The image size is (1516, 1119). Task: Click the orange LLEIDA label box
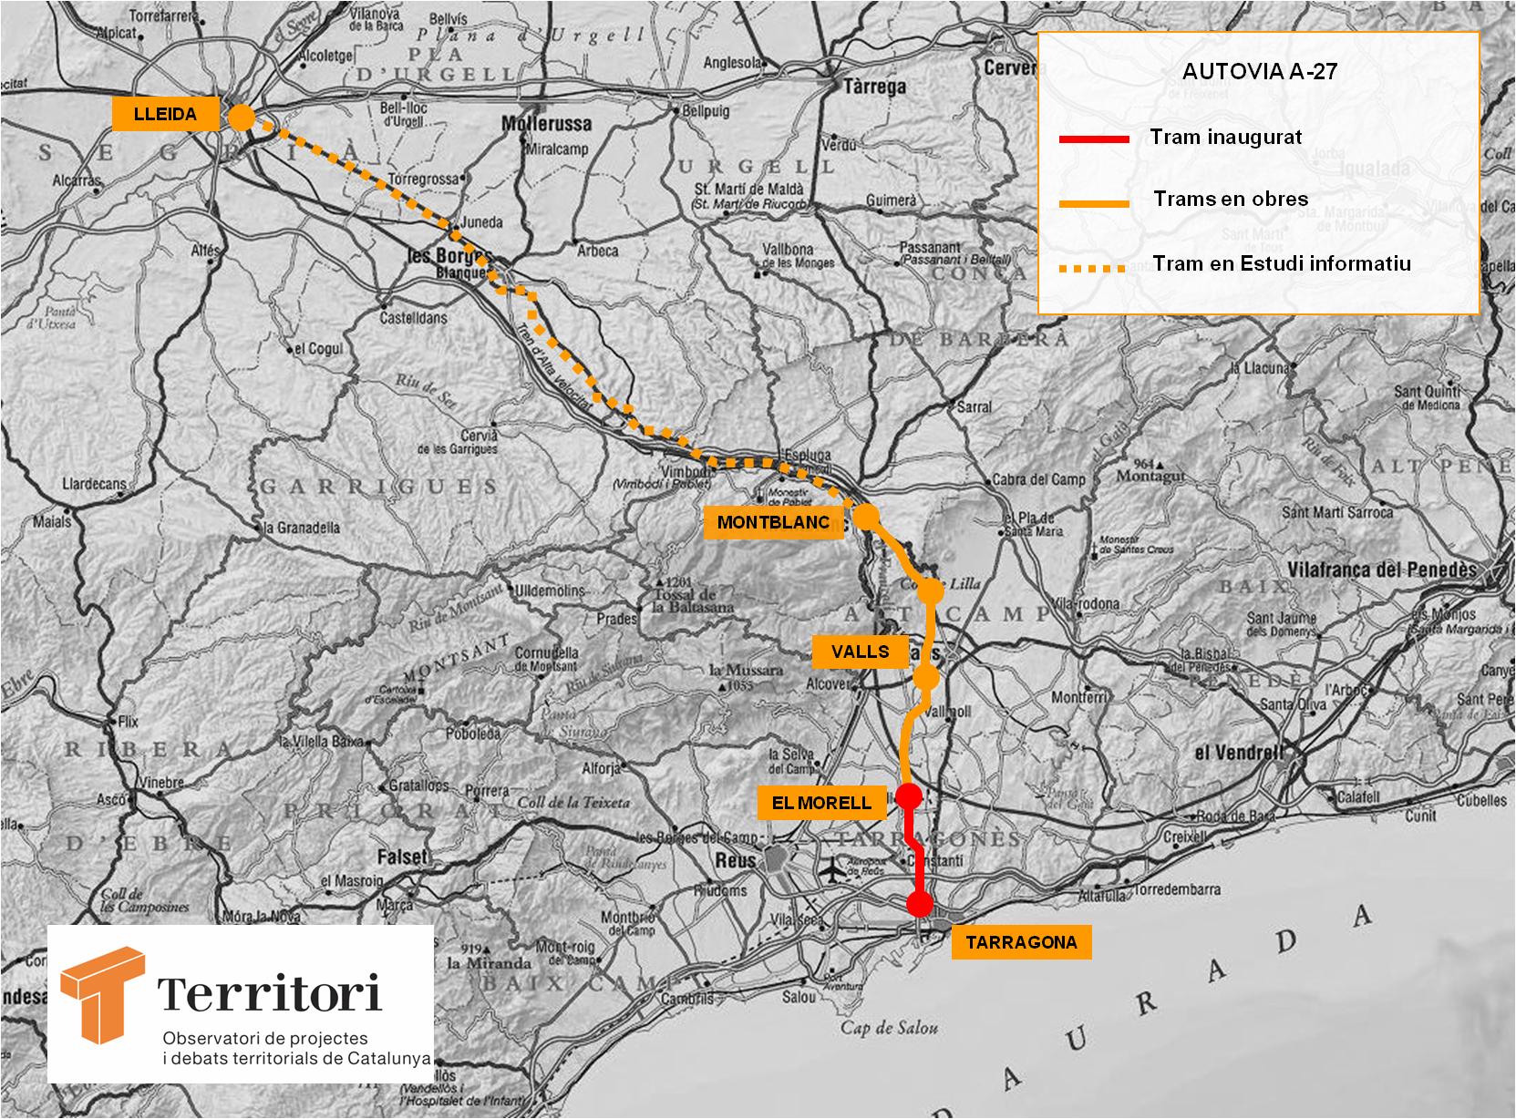pos(166,115)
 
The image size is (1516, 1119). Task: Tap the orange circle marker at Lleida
pos(242,117)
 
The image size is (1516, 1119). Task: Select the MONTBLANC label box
pos(774,523)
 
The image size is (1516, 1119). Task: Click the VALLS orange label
pos(861,652)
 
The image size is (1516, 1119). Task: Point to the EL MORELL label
pos(822,802)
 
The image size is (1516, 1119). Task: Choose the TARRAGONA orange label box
pos(1021,942)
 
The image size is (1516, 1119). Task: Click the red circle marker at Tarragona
pos(920,904)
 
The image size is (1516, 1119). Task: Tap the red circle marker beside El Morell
pos(908,796)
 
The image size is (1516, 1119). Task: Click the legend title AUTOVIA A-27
pos(1260,72)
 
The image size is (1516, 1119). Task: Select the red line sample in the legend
pos(1094,139)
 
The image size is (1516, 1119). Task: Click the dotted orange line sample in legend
pos(1094,269)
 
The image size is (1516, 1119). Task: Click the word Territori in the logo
pos(270,993)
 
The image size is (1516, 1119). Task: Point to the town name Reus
pos(736,860)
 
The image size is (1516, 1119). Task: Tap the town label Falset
pos(402,857)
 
